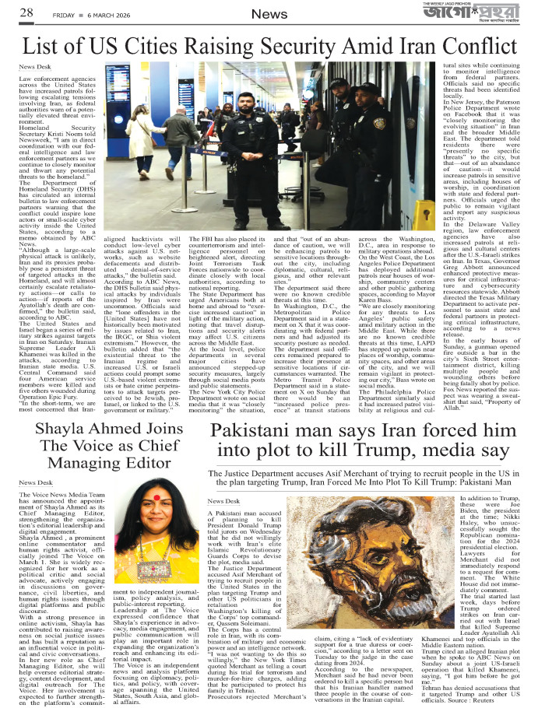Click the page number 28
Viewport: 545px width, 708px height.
[x=26, y=12]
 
